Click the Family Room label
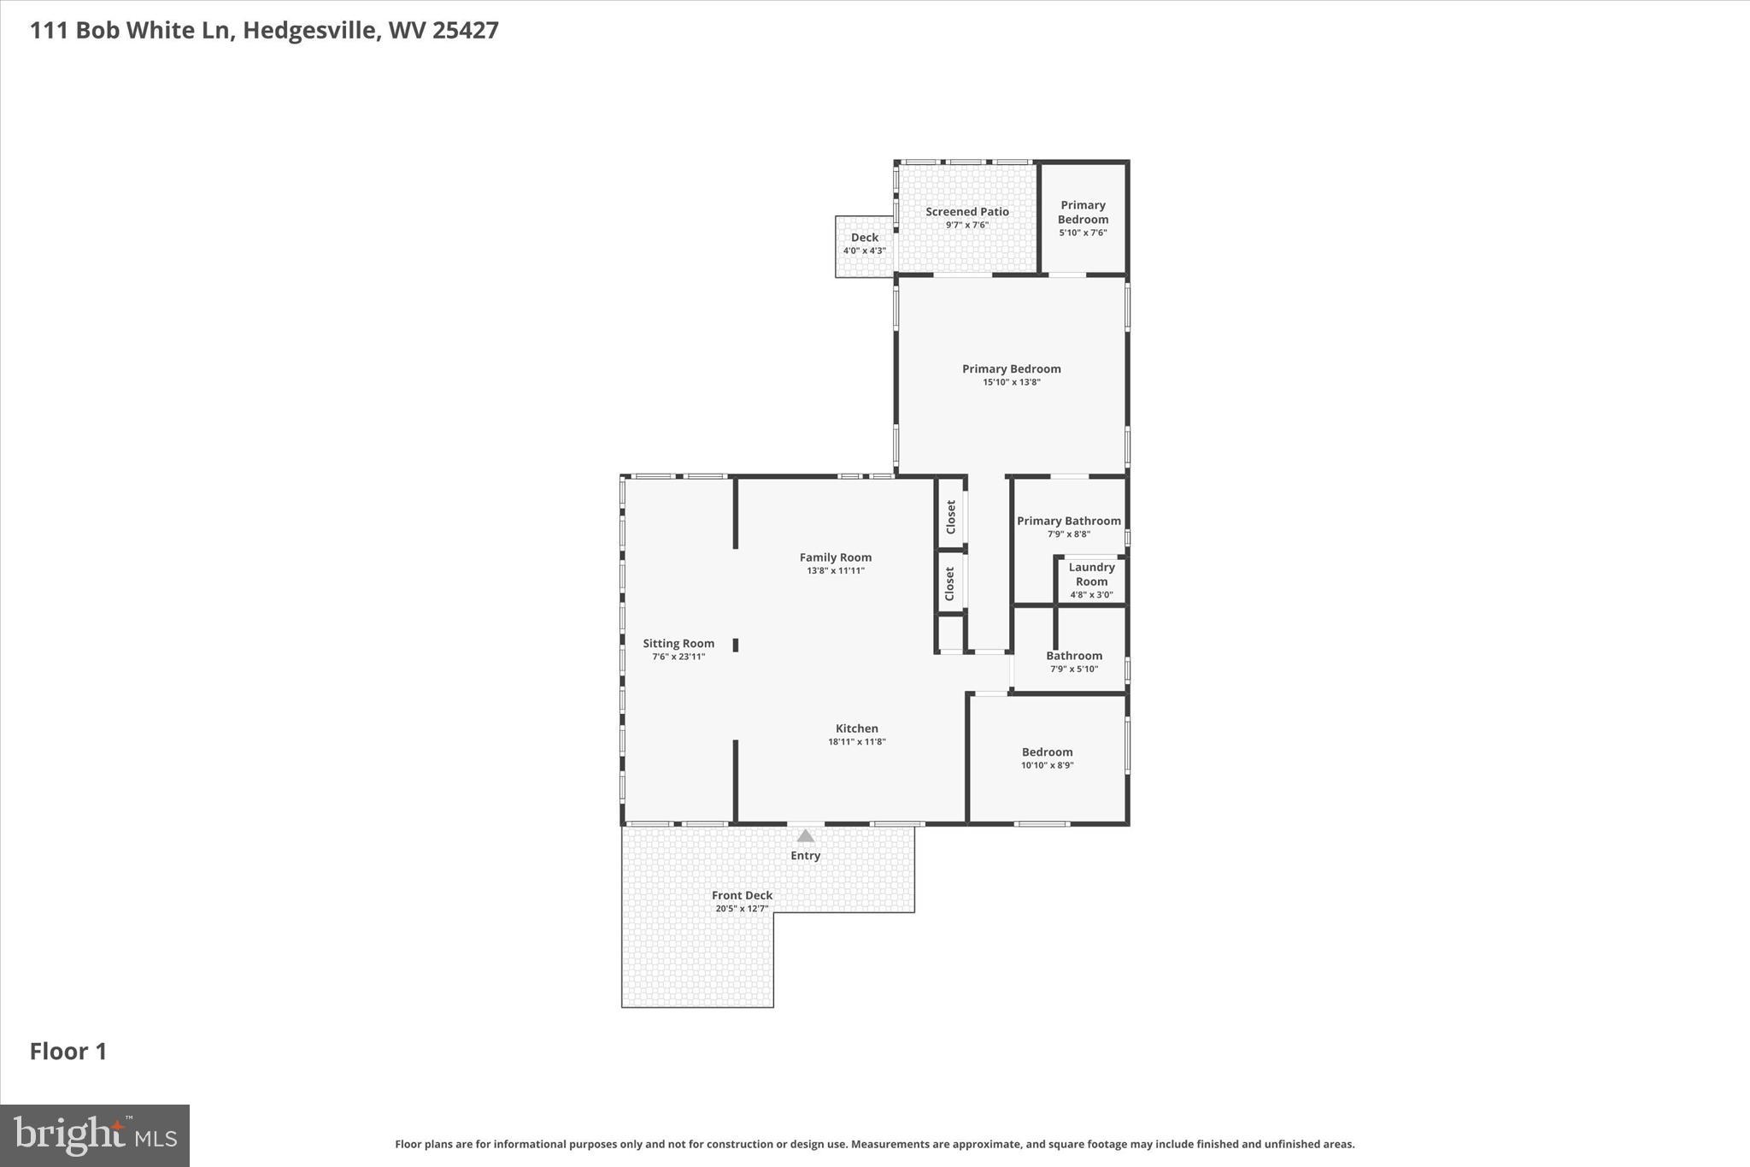[x=835, y=557]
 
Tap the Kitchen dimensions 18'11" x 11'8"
[x=856, y=742]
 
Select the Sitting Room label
[x=678, y=644]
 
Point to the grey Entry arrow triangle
[x=806, y=836]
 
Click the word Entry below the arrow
[x=805, y=856]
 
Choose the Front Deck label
[x=742, y=896]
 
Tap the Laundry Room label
[x=1091, y=575]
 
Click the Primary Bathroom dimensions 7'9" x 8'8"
[x=1068, y=534]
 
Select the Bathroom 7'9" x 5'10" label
[x=1074, y=657]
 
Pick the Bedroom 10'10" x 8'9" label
[x=1047, y=752]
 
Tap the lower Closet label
[x=949, y=583]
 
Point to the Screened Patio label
[x=966, y=212]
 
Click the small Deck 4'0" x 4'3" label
[x=864, y=239]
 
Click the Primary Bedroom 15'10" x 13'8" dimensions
[x=1011, y=382]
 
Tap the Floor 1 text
[x=68, y=1052]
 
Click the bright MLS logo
[x=95, y=1135]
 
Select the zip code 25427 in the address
[x=466, y=31]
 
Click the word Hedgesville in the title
[x=311, y=31]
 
